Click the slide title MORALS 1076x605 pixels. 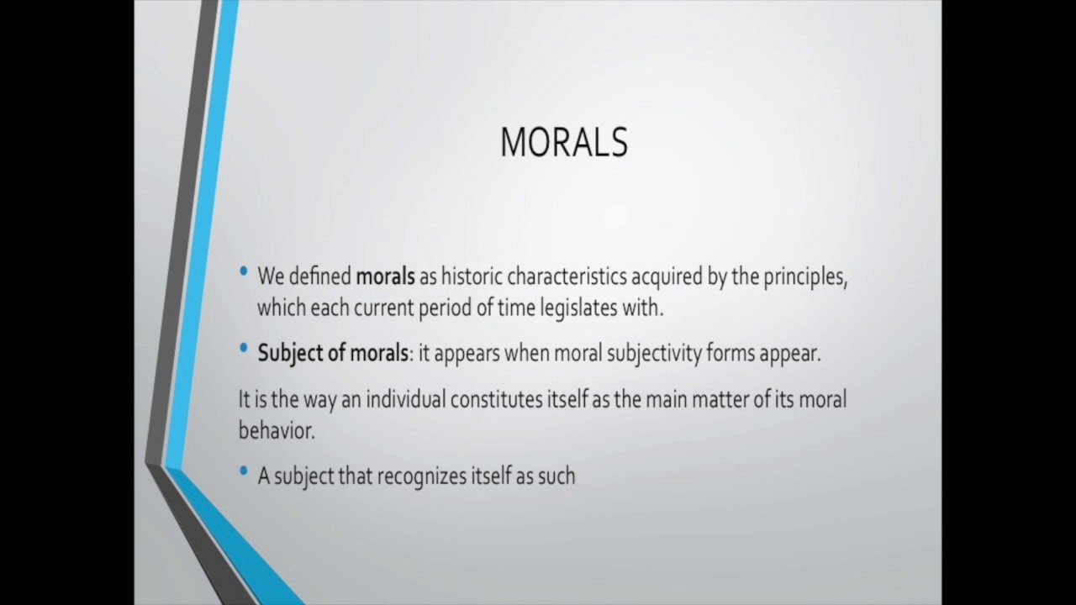[563, 143]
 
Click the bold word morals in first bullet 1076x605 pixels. [385, 277]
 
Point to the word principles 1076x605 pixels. [804, 277]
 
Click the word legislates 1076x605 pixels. [578, 308]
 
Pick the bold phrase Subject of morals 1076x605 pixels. [332, 354]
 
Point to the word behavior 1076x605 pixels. [275, 429]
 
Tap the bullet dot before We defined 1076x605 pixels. [244, 272]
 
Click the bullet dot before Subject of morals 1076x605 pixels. [244, 348]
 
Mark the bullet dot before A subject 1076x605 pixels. [244, 471]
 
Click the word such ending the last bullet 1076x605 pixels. [557, 476]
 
